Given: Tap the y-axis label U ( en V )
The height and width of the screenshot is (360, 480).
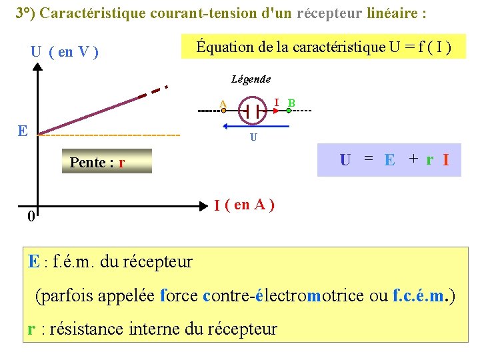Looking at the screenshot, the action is click(65, 51).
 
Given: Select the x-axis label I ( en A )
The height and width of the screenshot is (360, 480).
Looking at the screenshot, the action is click(244, 205).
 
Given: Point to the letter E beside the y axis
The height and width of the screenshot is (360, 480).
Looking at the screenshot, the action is click(23, 130).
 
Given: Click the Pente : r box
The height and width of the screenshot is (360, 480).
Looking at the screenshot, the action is click(97, 162).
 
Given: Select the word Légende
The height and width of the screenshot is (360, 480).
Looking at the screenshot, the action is click(251, 79).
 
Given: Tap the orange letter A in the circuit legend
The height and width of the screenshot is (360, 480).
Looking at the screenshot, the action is click(223, 103).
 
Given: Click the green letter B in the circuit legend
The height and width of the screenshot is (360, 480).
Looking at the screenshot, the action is click(291, 103).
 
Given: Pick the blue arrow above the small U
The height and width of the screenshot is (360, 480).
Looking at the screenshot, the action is click(256, 125).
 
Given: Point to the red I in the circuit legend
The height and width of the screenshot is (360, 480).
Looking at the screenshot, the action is click(276, 101).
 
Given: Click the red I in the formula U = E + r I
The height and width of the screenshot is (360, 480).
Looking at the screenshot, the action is click(445, 160).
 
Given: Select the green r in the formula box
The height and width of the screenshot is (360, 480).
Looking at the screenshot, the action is click(429, 160).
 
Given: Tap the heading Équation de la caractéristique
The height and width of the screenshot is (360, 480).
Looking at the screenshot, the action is click(323, 47).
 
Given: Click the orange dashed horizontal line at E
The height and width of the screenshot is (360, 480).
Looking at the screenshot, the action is click(110, 135).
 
